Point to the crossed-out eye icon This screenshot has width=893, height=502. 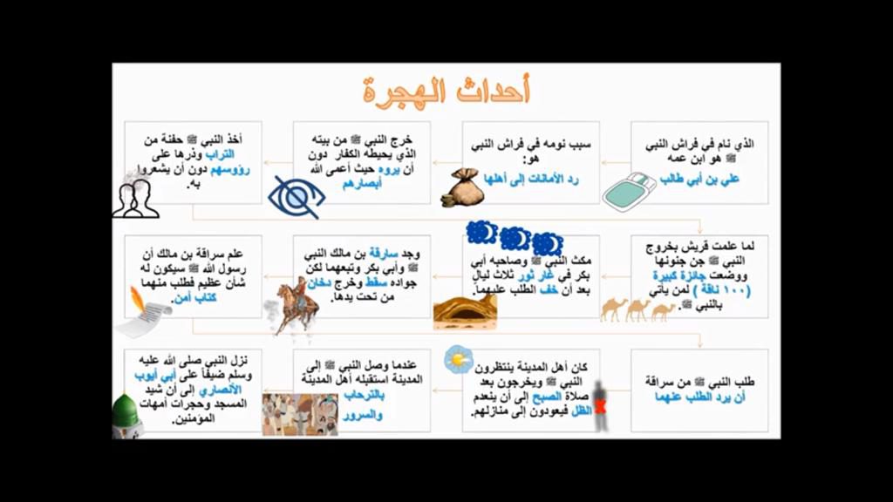click(x=297, y=197)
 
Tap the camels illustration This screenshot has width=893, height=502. click(x=637, y=309)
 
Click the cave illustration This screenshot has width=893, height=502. click(x=464, y=310)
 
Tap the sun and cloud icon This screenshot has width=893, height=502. click(x=458, y=359)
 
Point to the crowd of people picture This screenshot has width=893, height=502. click(x=299, y=414)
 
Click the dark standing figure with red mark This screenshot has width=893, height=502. click(x=598, y=405)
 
